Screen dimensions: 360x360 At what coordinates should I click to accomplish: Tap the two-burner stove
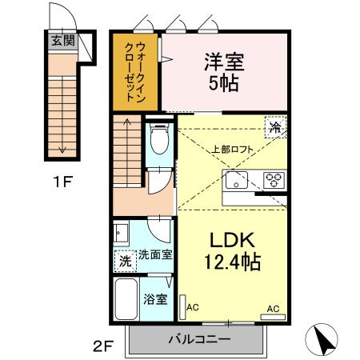[274, 179]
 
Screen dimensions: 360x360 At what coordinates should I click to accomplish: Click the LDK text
[232, 240]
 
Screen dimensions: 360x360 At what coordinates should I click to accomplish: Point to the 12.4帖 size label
[232, 262]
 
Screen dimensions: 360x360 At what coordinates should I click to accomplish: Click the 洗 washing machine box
[124, 259]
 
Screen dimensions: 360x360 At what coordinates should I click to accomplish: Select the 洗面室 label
[155, 255]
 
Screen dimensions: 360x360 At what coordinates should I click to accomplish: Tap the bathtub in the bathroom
[126, 302]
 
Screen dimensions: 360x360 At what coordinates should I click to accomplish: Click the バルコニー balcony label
[199, 339]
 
